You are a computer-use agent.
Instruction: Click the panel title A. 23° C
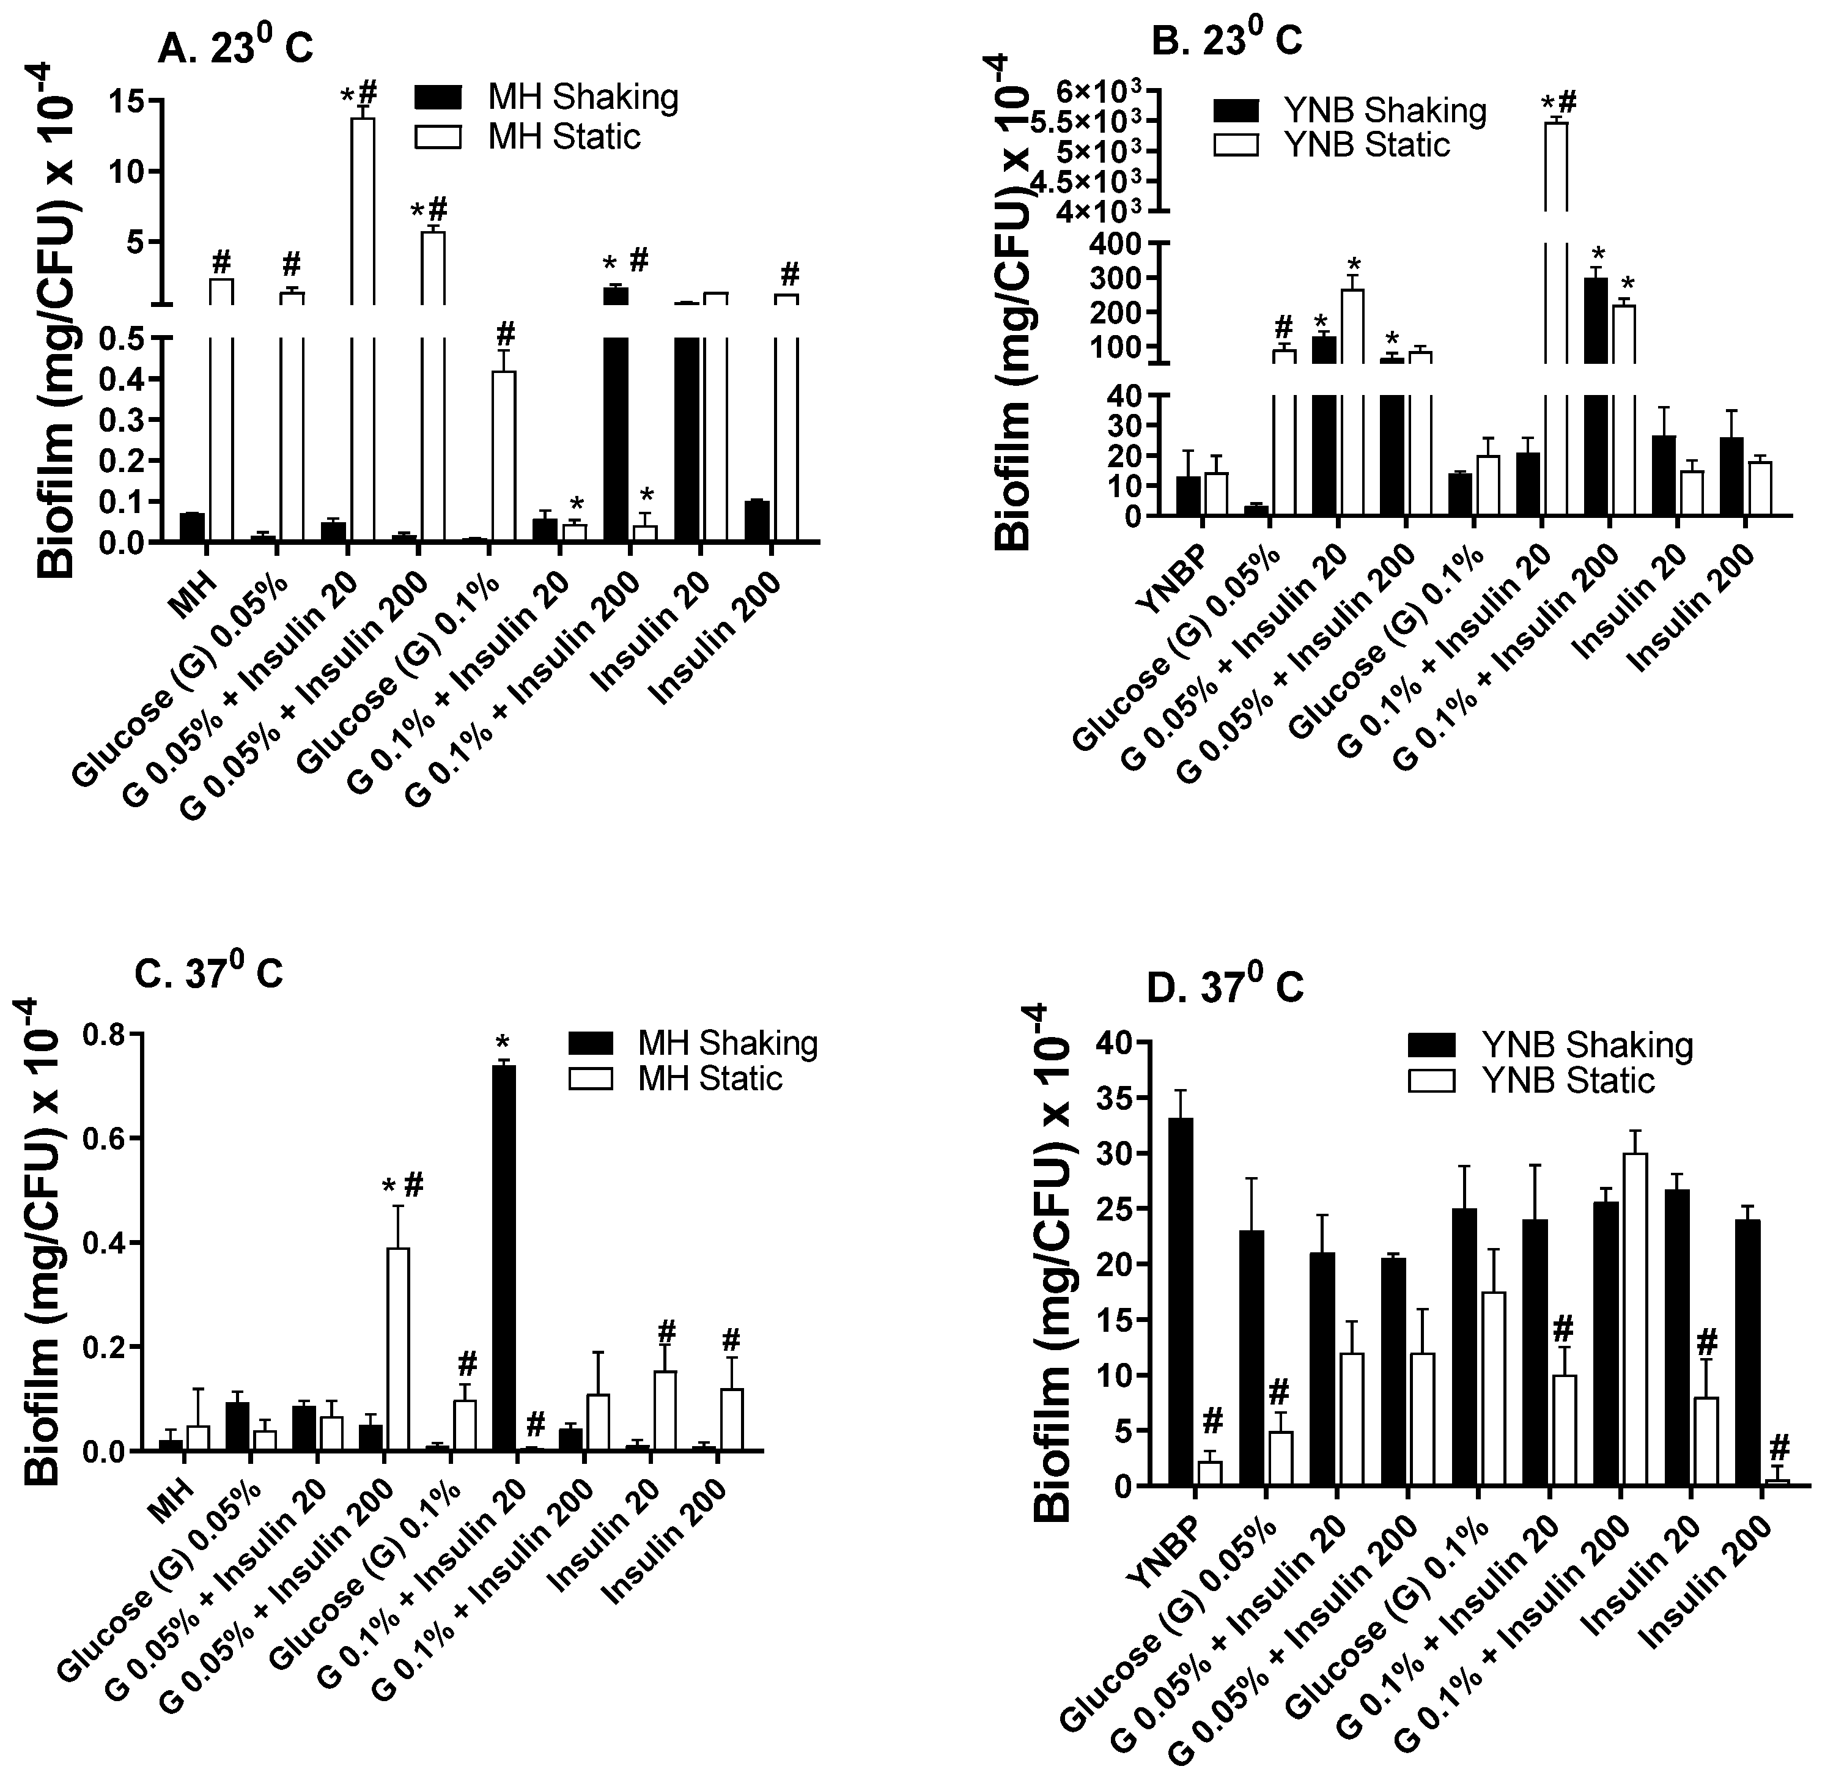pyautogui.click(x=235, y=46)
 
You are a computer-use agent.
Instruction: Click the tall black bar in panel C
pyautogui.click(x=503, y=1257)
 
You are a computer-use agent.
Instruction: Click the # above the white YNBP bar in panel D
pyautogui.click(x=1212, y=1422)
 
